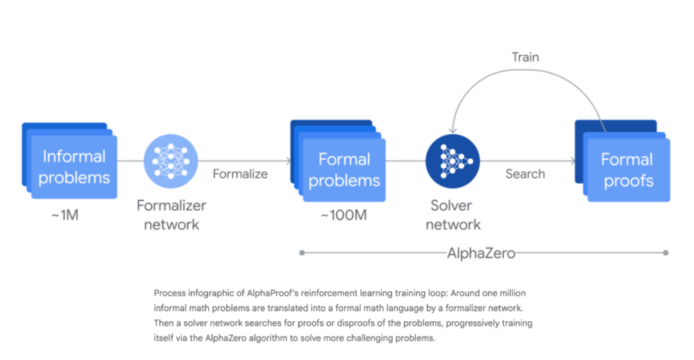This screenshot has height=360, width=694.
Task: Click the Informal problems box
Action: (69, 160)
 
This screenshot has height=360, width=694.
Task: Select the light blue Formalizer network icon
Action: (171, 161)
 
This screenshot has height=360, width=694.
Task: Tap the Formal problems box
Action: (338, 160)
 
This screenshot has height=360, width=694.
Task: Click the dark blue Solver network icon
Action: (452, 161)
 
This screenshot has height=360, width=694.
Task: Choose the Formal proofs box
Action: (623, 160)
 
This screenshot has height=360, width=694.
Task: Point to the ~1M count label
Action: (65, 216)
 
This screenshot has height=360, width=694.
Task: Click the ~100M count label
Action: (344, 216)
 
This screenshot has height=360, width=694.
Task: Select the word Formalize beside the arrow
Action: (240, 174)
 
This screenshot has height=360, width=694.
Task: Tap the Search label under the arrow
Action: (525, 174)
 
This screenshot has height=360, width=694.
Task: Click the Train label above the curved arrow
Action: (525, 57)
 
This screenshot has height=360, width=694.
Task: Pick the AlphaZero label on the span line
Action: (481, 253)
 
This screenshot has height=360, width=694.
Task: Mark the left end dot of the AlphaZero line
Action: (302, 253)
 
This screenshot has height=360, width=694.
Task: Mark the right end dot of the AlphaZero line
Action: (666, 253)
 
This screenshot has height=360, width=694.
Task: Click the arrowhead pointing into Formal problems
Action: (289, 161)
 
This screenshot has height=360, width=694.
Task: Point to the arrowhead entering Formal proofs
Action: (574, 161)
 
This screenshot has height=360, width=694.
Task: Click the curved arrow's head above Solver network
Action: (452, 130)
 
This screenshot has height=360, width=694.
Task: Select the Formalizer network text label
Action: (171, 215)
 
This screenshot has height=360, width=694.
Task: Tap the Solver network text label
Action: (452, 215)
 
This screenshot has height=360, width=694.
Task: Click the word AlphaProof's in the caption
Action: (273, 293)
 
